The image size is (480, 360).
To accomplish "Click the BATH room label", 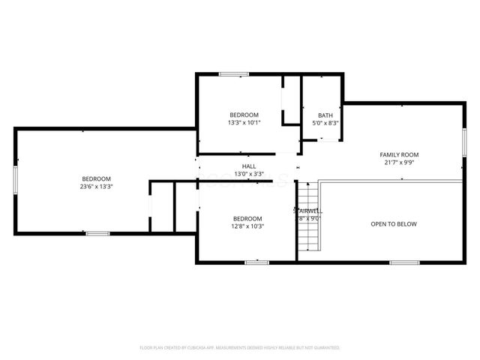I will tap(325, 115).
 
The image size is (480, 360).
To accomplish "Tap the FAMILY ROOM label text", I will tap(399, 154).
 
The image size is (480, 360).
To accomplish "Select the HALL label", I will tap(248, 166).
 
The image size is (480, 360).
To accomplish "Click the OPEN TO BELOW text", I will tap(394, 224).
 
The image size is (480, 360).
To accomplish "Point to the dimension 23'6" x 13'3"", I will tap(97, 186).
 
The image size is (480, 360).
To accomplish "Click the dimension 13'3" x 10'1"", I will tap(244, 122).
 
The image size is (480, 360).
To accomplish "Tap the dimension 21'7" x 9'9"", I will tap(399, 161).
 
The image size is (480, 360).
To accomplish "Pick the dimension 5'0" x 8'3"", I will tap(325, 122).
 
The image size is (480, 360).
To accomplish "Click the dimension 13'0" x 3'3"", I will tap(248, 173).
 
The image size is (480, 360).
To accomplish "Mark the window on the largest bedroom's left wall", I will tap(15, 181).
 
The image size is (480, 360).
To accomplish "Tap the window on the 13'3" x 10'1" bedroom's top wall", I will tap(234, 73).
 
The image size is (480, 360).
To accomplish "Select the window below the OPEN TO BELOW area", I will tap(404, 262).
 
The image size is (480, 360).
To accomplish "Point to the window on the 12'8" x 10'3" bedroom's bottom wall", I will tap(257, 262).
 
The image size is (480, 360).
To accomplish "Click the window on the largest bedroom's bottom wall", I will tap(97, 234).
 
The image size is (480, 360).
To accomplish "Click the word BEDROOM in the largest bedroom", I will tap(97, 178).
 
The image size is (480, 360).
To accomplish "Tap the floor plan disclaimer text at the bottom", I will tap(240, 348).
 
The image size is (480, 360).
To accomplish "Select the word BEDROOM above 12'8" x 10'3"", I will tap(247, 217).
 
